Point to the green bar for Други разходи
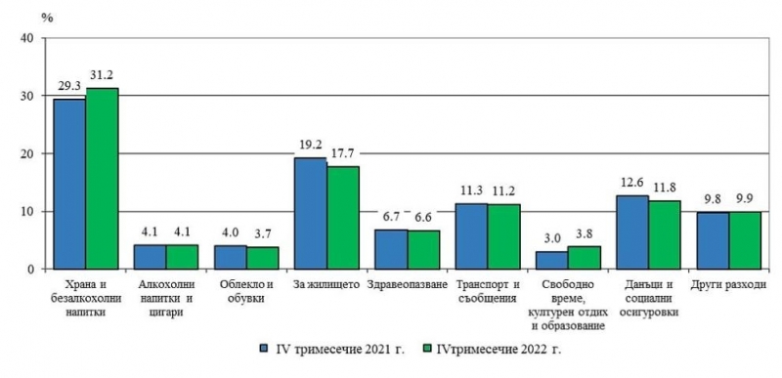point(745,239)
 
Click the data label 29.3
point(68,86)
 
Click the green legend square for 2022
point(426,347)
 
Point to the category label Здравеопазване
point(407,284)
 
